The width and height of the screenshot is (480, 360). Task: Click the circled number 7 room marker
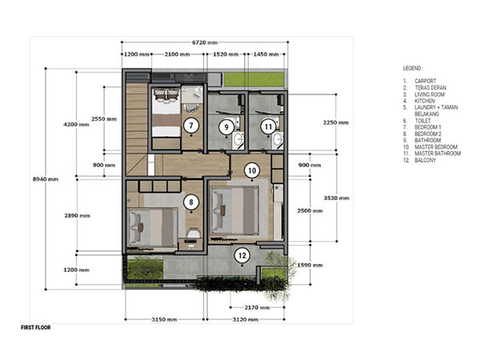tap(191, 126)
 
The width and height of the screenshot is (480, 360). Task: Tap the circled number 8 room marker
tap(191, 202)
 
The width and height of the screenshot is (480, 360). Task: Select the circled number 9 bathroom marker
tap(226, 126)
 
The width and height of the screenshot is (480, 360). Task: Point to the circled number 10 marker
tap(252, 170)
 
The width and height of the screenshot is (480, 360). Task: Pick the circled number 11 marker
tap(268, 126)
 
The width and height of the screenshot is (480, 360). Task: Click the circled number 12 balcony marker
tap(242, 256)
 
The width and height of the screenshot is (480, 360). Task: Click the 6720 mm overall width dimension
tap(205, 42)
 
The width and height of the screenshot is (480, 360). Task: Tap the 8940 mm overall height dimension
tap(46, 179)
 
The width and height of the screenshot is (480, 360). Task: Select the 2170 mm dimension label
tap(257, 307)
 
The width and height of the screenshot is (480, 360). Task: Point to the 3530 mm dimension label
tap(337, 198)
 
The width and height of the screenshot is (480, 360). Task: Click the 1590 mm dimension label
tap(310, 265)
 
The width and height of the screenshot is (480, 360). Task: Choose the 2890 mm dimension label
tap(77, 215)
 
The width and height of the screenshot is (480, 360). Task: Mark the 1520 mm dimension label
tap(226, 54)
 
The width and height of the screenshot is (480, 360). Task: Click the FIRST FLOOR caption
tap(36, 327)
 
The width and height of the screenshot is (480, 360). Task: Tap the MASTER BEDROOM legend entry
tap(436, 147)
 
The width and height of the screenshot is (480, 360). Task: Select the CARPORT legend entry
tap(426, 81)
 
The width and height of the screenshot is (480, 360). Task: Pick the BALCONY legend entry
tap(426, 160)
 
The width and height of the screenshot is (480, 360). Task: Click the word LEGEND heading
tap(414, 68)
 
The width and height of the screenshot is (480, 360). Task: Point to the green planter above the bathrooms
tap(254, 79)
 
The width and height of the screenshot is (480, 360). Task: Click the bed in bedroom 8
tap(153, 227)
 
